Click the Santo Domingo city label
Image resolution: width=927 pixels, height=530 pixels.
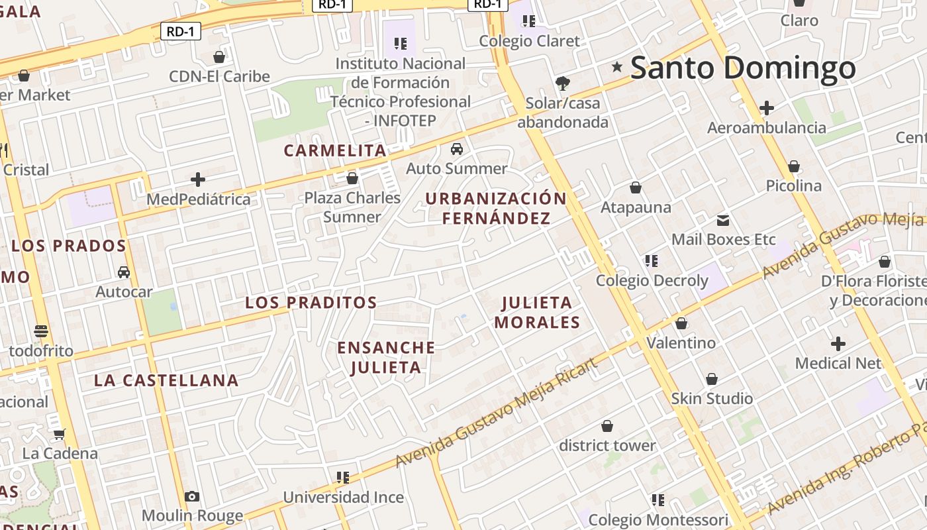(743, 68)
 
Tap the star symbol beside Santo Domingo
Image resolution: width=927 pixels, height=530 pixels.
(617, 66)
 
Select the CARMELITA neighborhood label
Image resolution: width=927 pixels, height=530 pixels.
(335, 150)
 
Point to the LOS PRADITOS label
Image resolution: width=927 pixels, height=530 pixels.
(311, 303)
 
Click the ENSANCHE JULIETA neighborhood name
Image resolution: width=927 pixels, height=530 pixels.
(386, 357)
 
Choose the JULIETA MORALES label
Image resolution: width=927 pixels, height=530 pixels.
(537, 313)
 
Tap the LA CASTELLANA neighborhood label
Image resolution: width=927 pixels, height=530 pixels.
(166, 380)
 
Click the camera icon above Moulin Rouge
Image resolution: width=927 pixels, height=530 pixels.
(192, 496)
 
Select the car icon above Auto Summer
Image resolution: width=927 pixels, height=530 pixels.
(456, 149)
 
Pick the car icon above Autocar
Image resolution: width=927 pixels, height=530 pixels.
(124, 272)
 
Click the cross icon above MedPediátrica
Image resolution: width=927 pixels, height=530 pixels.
(197, 180)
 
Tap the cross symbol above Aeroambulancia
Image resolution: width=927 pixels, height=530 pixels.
(767, 107)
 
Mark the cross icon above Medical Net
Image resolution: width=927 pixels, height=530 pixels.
(838, 344)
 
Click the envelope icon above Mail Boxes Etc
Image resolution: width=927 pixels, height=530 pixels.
(723, 220)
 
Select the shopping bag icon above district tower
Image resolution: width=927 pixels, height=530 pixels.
(607, 426)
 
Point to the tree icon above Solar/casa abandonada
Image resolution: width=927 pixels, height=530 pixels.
(562, 83)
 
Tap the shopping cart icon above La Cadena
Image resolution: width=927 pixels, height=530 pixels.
(60, 435)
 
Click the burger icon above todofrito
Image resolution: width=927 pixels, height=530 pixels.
(41, 331)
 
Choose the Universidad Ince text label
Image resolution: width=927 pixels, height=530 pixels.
(343, 498)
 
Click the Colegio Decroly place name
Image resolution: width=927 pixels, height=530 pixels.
(652, 281)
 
